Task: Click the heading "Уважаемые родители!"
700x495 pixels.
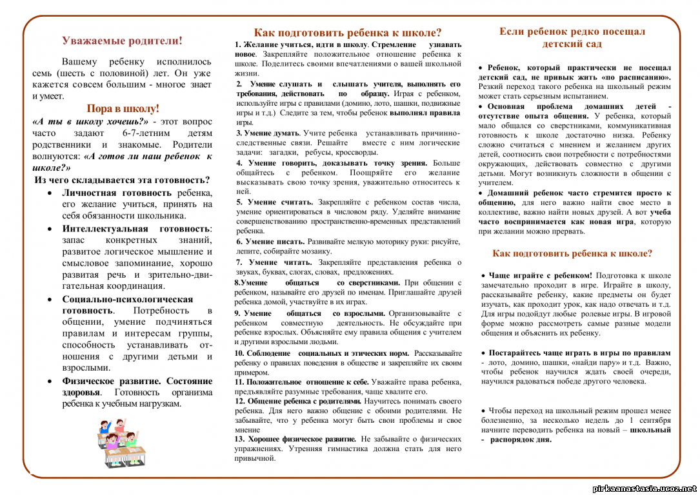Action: point(122,41)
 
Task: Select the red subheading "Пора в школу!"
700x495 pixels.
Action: point(123,108)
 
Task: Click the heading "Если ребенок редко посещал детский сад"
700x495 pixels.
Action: point(572,37)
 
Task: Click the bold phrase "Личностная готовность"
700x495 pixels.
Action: point(117,192)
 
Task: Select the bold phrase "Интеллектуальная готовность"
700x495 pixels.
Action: point(136,228)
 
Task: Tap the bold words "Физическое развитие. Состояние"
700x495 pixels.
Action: point(137,381)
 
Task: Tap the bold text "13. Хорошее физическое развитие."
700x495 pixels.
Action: point(295,438)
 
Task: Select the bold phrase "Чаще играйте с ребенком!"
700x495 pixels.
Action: point(540,275)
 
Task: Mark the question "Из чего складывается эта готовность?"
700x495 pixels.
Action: point(122,180)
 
